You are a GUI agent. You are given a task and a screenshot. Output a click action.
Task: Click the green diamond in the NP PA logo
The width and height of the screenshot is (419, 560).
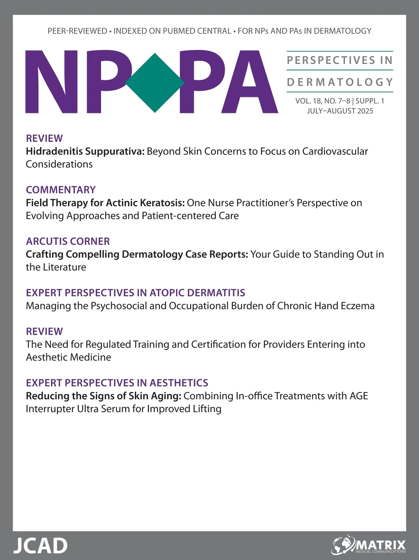click(x=155, y=83)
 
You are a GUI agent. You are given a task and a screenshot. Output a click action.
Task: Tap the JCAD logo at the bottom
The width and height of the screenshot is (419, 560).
click(x=40, y=545)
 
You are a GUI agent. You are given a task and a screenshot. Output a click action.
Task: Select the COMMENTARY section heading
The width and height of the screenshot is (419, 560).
click(x=61, y=190)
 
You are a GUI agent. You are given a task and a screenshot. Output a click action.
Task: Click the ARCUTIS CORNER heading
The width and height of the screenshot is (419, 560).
click(x=68, y=241)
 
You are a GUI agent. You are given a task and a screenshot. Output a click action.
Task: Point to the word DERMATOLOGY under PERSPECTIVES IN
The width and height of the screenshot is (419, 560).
click(x=340, y=82)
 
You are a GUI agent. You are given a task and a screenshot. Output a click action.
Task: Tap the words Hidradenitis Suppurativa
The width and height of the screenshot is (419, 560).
click(x=85, y=151)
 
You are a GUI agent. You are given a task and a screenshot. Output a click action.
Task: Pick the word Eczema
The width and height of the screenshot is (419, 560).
click(x=358, y=306)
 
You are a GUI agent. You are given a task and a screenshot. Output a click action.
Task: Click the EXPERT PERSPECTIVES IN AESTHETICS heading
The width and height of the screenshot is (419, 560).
click(x=117, y=383)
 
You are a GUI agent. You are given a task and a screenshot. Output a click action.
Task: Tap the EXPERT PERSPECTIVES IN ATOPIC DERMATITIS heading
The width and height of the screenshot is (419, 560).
click(x=135, y=293)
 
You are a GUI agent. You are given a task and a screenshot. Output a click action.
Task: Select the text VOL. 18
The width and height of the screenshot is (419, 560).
click(x=308, y=101)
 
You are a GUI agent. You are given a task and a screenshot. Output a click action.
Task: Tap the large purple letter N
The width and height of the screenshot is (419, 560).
click(x=51, y=83)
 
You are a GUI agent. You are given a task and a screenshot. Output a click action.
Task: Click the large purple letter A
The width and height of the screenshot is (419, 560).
click(x=250, y=83)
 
